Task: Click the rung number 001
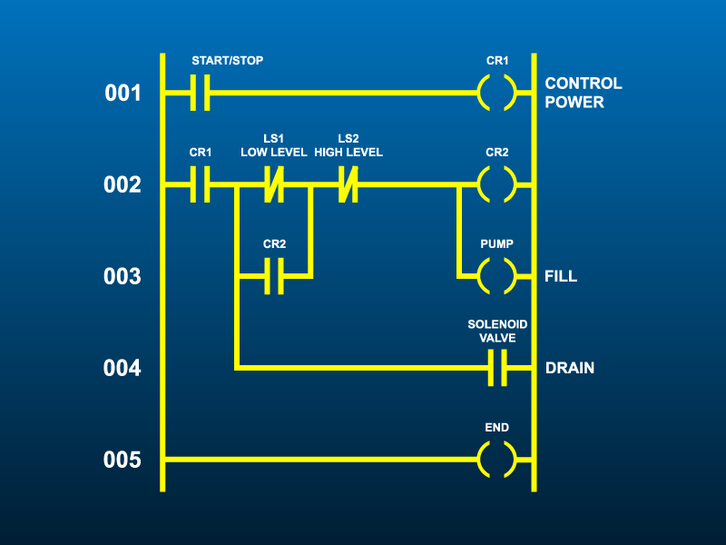pyautogui.click(x=122, y=93)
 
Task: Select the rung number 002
pyautogui.click(x=122, y=185)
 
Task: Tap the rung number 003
pyautogui.click(x=122, y=276)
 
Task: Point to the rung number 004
pyautogui.click(x=122, y=369)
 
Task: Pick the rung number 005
pyautogui.click(x=122, y=460)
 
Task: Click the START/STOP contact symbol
pyautogui.click(x=201, y=93)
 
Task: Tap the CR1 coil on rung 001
pyautogui.click(x=497, y=93)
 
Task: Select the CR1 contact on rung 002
pyautogui.click(x=201, y=185)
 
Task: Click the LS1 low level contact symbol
pyautogui.click(x=273, y=185)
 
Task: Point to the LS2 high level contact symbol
pyautogui.click(x=348, y=185)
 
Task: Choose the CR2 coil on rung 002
pyautogui.click(x=497, y=185)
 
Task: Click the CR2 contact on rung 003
pyautogui.click(x=274, y=276)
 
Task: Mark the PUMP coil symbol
pyautogui.click(x=497, y=276)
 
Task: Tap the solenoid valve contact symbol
pyautogui.click(x=497, y=369)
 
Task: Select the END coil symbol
pyautogui.click(x=497, y=460)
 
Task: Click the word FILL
pyautogui.click(x=561, y=276)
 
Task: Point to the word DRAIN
pyautogui.click(x=570, y=369)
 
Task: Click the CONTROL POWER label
pyautogui.click(x=584, y=93)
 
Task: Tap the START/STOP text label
pyautogui.click(x=227, y=61)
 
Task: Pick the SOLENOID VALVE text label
pyautogui.click(x=497, y=331)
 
